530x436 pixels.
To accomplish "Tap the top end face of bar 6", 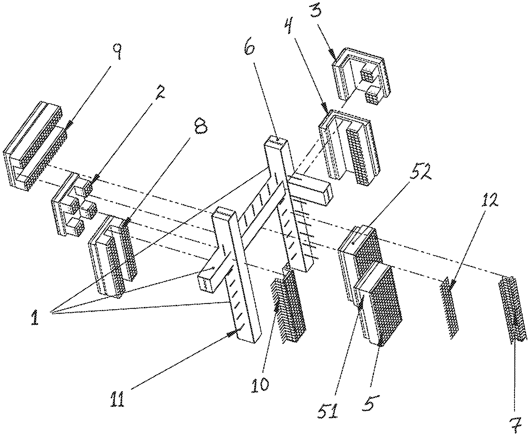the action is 276,141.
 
